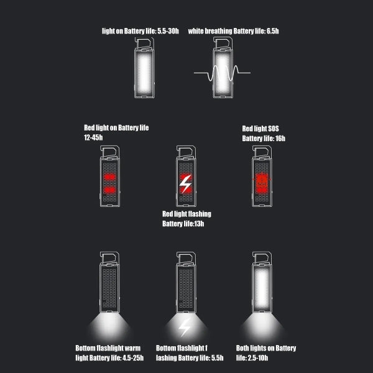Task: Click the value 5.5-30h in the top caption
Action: point(168,31)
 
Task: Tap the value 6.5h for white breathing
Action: point(273,31)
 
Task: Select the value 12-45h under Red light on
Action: point(93,137)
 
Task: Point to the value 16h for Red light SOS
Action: point(280,139)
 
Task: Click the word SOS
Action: point(274,129)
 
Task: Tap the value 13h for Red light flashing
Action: point(199,224)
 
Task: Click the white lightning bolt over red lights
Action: point(185,184)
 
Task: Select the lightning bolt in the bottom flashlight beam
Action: point(185,328)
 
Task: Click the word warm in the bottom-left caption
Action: point(132,348)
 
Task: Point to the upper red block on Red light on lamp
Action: point(109,177)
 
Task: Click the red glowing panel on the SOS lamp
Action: point(262,183)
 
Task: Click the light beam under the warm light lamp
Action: point(109,326)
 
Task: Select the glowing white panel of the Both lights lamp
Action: point(262,288)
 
